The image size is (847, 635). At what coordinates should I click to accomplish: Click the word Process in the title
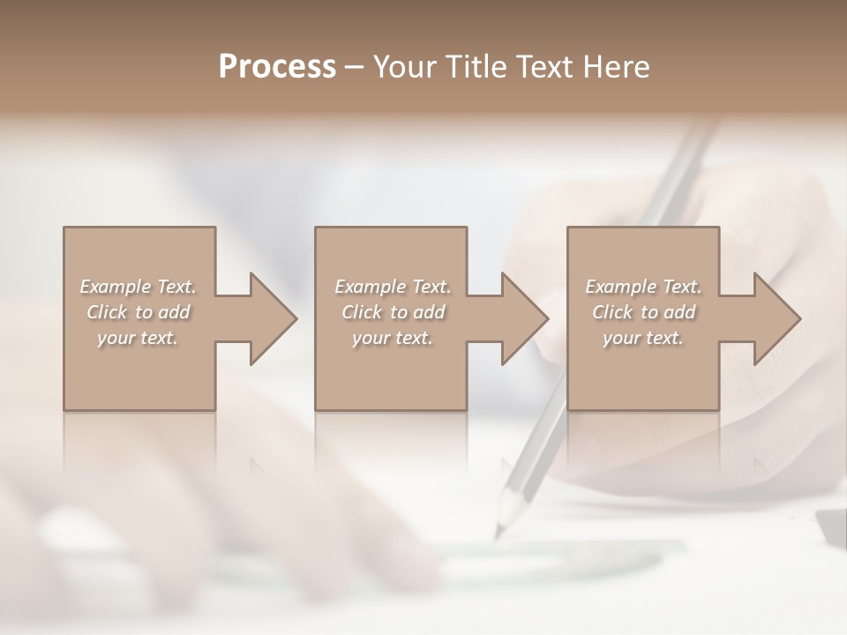[277, 67]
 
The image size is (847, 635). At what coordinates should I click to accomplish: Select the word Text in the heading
[547, 67]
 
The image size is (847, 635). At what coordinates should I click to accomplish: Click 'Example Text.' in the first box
[138, 287]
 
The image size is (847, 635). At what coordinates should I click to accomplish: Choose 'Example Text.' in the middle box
[393, 287]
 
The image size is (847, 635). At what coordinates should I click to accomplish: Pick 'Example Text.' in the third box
[643, 287]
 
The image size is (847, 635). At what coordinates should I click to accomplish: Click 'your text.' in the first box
[138, 338]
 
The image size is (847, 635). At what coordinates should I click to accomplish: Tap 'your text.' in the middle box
[393, 338]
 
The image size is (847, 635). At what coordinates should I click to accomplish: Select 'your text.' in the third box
[643, 338]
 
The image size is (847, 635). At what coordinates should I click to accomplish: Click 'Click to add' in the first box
[138, 312]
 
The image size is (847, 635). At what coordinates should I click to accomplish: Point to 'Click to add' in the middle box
[393, 312]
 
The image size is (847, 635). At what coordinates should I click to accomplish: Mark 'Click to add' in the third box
[643, 312]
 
